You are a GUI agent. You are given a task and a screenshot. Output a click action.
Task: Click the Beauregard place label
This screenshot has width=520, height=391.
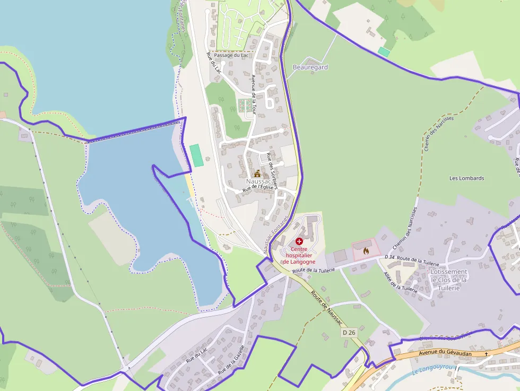(310, 67)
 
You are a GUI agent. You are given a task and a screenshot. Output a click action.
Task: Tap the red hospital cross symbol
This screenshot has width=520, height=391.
(299, 241)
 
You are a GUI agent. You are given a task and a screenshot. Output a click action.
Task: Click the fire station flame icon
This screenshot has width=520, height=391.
(366, 250)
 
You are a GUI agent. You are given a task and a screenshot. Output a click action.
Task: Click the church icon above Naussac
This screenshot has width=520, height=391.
(258, 173)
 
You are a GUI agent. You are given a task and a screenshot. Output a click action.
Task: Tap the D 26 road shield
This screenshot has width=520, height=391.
(349, 332)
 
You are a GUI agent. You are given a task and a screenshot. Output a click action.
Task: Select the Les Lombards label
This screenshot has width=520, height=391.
(466, 178)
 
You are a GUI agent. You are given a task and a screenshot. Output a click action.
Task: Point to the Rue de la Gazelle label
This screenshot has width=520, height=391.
(231, 360)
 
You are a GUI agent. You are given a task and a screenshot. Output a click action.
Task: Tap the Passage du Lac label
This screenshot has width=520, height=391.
(231, 55)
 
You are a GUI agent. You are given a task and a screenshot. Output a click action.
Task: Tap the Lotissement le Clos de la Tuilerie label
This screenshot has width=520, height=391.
(449, 280)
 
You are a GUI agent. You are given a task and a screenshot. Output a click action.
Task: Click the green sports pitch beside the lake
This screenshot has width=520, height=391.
(197, 155)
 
